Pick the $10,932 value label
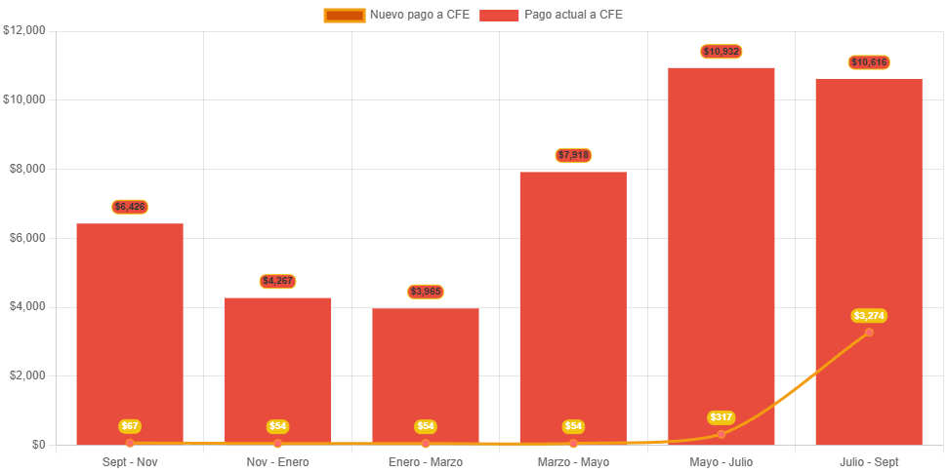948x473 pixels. pyautogui.click(x=721, y=51)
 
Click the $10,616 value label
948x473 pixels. pyautogui.click(x=869, y=62)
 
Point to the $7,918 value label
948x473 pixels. pyautogui.click(x=573, y=155)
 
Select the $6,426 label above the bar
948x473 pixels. pyautogui.click(x=130, y=207)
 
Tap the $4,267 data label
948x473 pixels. pyautogui.click(x=277, y=281)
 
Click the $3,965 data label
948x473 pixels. pyautogui.click(x=426, y=292)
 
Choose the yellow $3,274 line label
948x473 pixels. pyautogui.click(x=869, y=316)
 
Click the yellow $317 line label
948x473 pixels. pyautogui.click(x=721, y=417)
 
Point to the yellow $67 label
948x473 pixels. pyautogui.click(x=130, y=426)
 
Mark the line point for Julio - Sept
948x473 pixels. pyautogui.click(x=869, y=333)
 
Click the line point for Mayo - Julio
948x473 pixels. pyautogui.click(x=721, y=434)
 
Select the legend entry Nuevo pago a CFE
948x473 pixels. pyautogui.click(x=397, y=15)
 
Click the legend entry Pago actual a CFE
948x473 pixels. pyautogui.click(x=552, y=15)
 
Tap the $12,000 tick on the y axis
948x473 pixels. pyautogui.click(x=25, y=30)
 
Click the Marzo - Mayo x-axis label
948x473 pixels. pyautogui.click(x=573, y=461)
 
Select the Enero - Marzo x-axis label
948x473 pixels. pyautogui.click(x=426, y=461)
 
